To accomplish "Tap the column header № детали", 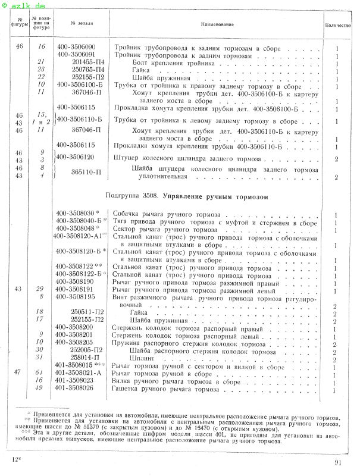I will point(80,24).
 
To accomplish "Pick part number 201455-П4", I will point(88,62).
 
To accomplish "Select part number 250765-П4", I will point(88,70).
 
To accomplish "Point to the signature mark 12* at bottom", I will point(15,461).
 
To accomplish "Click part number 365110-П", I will point(86,172).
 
